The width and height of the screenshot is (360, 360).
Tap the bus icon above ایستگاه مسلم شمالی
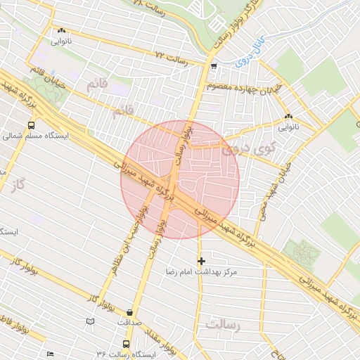pyautogui.click(x=30, y=125)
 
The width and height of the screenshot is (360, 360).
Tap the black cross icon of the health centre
pyautogui.click(x=201, y=261)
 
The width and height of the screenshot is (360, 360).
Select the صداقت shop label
pyautogui.click(x=129, y=323)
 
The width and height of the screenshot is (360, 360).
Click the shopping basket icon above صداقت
pyautogui.click(x=129, y=313)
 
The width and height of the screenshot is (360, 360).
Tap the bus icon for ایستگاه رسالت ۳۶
pyautogui.click(x=126, y=345)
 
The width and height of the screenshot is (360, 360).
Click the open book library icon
pyautogui.click(x=89, y=321)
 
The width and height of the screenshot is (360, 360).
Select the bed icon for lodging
pyautogui.click(x=49, y=354)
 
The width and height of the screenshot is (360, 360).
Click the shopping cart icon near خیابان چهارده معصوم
pyautogui.click(x=213, y=65)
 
